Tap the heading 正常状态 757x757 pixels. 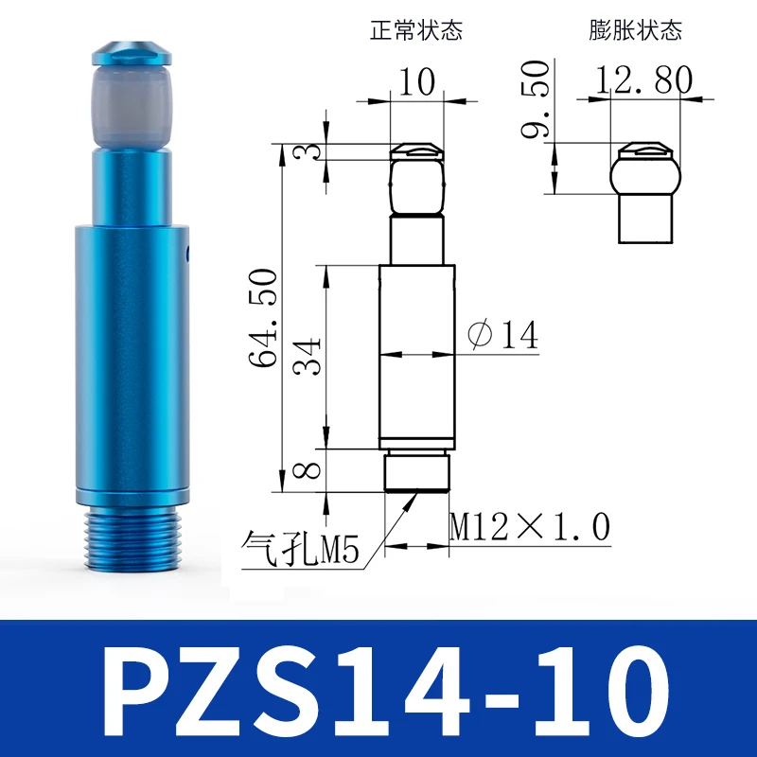(x=416, y=30)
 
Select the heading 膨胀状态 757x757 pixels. (x=635, y=30)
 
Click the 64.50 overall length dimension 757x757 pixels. (x=264, y=318)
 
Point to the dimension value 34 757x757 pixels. (x=307, y=357)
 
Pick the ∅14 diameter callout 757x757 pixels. (x=502, y=334)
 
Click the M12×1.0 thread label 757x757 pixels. (x=530, y=527)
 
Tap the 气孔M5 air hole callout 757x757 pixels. (x=300, y=548)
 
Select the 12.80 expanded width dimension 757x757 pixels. (x=643, y=79)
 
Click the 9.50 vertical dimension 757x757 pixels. (x=535, y=98)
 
